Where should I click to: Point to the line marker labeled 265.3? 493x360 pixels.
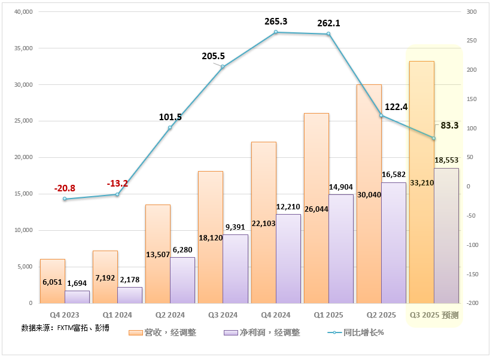coord(276,32)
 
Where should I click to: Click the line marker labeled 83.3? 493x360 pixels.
coord(434,138)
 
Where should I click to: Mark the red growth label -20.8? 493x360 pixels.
coord(65,188)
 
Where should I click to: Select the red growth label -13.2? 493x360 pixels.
coord(117,184)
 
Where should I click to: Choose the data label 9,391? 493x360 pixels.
coord(235,227)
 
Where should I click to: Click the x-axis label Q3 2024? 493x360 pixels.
coord(223,315)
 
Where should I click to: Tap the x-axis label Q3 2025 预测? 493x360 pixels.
coord(434,315)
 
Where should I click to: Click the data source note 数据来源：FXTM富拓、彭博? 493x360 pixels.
coord(65,328)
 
